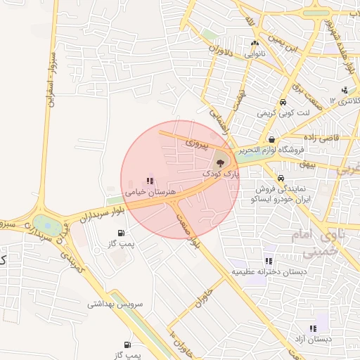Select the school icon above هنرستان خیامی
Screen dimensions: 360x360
coord(149,181)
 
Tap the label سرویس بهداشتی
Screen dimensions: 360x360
coord(115,304)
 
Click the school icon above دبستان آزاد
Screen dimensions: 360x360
coord(313,328)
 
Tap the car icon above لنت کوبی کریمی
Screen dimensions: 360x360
coord(283,101)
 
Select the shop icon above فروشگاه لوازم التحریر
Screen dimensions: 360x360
coord(271,139)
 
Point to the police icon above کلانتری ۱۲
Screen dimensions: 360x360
coord(345,90)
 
